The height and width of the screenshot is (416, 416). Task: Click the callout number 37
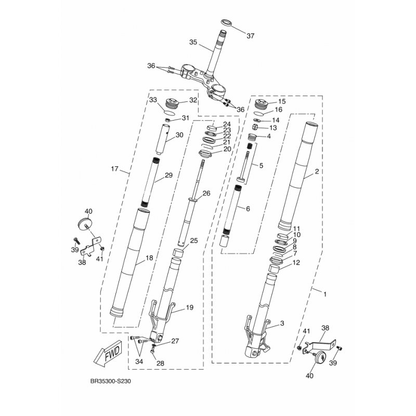click(250, 36)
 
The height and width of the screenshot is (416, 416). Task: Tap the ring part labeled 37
click(226, 22)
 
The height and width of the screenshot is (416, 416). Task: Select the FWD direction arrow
click(108, 354)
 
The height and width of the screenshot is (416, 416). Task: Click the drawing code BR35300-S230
click(111, 382)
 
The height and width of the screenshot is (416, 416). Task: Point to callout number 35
click(193, 42)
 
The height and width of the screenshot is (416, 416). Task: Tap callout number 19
click(190, 307)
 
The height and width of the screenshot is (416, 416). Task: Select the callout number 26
click(206, 193)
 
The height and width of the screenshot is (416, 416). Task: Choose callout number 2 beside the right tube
click(317, 172)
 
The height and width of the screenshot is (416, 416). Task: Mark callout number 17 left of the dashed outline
click(114, 168)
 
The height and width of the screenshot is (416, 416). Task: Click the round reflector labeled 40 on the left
click(85, 223)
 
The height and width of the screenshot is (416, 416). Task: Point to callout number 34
click(139, 361)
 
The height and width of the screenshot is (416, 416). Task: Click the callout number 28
click(160, 363)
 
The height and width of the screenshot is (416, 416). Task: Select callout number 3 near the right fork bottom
click(282, 323)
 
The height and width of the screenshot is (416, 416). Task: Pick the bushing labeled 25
click(178, 253)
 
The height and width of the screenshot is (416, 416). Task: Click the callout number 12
click(296, 263)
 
